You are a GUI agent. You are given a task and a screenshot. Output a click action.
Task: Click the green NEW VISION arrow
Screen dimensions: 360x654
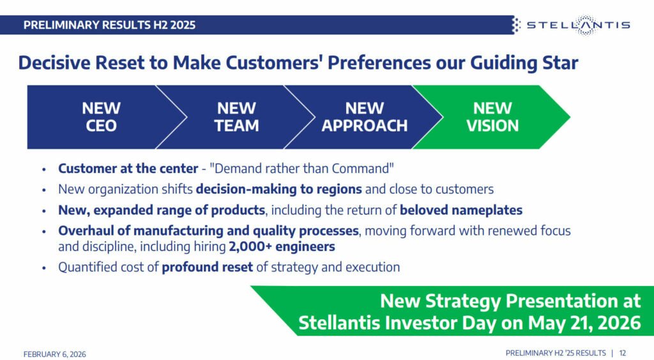[x=492, y=117]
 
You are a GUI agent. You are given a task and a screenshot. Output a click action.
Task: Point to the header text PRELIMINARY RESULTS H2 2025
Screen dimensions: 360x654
[x=109, y=26]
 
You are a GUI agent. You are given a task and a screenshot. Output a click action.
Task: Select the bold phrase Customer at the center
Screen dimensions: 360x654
[x=128, y=169]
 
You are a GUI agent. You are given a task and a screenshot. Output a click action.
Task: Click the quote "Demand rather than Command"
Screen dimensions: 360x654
[x=302, y=169]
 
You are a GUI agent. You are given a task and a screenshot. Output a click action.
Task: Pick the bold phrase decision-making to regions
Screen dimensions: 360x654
[x=278, y=189]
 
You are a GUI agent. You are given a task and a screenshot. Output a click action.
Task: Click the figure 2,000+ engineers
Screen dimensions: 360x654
[x=282, y=246]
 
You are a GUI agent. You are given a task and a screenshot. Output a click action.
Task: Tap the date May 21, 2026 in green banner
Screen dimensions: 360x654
[x=584, y=322]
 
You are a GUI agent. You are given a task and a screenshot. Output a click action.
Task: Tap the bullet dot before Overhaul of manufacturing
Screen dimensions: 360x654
[x=43, y=231]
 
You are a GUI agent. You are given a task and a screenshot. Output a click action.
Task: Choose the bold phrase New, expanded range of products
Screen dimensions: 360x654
[x=161, y=209]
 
